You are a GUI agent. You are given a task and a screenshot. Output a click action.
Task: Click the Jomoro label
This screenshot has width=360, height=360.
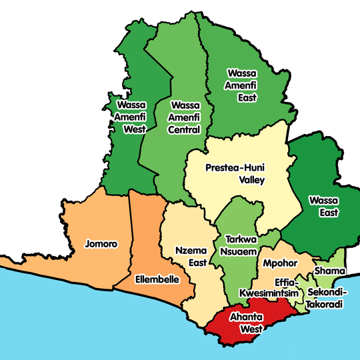(x=101, y=244)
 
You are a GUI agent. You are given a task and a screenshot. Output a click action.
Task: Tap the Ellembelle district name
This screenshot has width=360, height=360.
(x=157, y=279)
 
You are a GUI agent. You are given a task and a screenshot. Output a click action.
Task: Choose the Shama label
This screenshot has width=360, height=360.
(x=329, y=271)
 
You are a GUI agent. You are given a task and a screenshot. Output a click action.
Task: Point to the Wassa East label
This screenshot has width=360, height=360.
(x=324, y=206)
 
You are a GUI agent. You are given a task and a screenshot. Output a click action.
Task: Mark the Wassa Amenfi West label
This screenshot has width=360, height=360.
(x=131, y=117)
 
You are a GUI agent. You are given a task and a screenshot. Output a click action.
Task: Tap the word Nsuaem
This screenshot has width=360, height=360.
(x=238, y=253)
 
